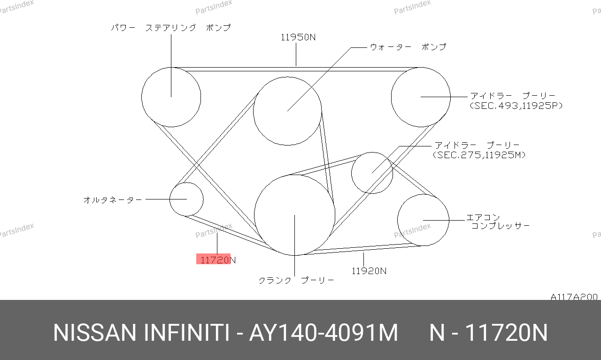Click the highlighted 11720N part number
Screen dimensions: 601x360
(x=218, y=260)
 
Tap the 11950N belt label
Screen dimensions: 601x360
(x=298, y=37)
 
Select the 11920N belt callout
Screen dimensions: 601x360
(x=369, y=271)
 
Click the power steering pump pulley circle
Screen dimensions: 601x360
(x=142, y=97)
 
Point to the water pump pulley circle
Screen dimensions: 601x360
(x=254, y=111)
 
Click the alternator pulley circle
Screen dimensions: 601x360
(x=170, y=199)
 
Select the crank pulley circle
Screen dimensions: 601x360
(x=254, y=215)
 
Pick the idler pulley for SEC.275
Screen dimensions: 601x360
(x=352, y=173)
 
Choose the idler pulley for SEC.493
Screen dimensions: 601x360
(x=392, y=97)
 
